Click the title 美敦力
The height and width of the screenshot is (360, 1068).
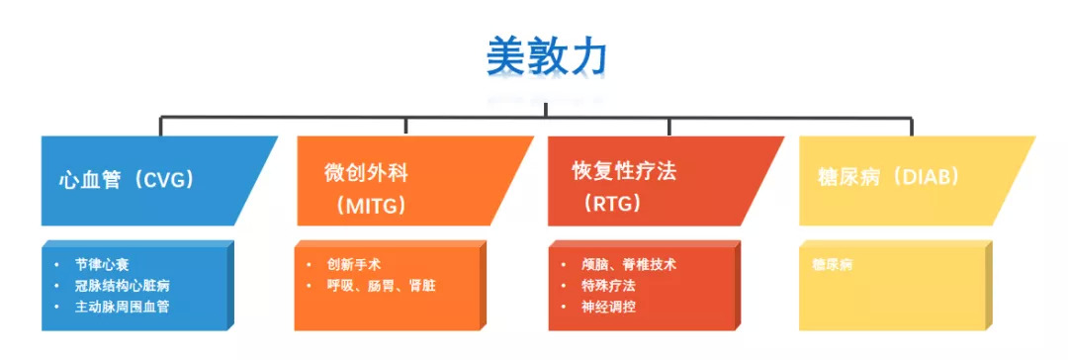(546, 56)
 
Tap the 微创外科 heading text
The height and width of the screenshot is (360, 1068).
(367, 172)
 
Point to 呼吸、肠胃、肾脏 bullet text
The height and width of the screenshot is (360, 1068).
(381, 285)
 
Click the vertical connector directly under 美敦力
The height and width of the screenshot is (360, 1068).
(546, 110)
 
